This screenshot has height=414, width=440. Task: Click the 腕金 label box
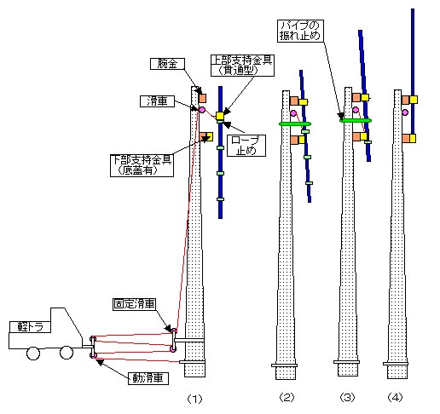coord(167,64)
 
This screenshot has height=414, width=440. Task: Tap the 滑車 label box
coord(157,101)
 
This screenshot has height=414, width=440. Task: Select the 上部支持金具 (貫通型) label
coord(242,66)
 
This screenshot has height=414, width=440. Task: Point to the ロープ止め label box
coord(246,146)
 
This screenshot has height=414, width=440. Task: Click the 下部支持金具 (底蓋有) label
coord(142,165)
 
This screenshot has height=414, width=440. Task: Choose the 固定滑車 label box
coord(134,304)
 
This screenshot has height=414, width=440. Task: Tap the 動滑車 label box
coord(148,378)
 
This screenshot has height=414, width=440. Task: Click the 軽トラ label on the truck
coord(30,327)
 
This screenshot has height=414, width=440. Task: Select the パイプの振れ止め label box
coord(300,31)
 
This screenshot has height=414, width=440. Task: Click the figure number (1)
coord(194,399)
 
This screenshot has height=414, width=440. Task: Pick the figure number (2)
coord(287,397)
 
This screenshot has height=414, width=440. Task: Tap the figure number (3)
coord(348,397)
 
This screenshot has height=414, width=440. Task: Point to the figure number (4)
coord(395,397)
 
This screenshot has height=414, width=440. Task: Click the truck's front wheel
coord(67,353)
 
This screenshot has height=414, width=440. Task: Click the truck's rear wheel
coord(33,354)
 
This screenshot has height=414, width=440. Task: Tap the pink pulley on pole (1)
coord(202,110)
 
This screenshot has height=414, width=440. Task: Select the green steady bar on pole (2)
coord(295,124)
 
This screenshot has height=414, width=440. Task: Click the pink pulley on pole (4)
coord(405,112)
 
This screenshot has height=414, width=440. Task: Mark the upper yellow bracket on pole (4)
coord(414,100)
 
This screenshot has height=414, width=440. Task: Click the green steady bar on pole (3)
coord(356,120)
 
